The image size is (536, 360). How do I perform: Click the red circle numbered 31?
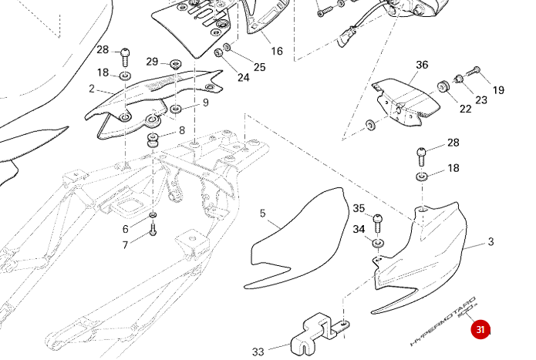point(480,330)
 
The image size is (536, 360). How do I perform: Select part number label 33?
point(258,352)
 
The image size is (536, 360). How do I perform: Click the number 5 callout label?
point(262,214)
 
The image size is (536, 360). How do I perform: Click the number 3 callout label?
point(490,242)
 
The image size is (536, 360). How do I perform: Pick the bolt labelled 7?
point(153,229)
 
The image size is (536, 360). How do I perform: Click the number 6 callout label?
point(126,229)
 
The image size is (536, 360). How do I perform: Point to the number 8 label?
point(182,130)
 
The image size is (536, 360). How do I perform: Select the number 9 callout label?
point(206,103)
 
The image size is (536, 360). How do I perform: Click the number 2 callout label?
point(92,89)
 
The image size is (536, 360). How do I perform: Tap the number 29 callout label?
point(152,62)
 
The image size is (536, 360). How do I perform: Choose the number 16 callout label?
point(277,52)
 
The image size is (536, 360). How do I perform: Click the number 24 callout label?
point(243,77)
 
